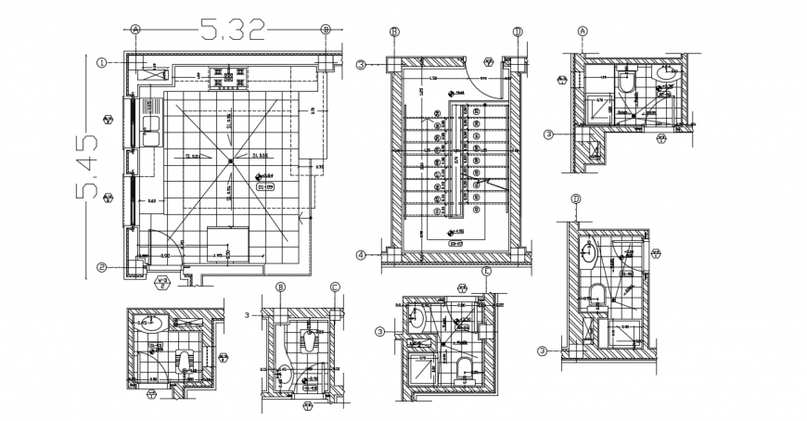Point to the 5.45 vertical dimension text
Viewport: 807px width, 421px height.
pyautogui.click(x=88, y=166)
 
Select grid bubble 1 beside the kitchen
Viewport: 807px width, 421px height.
pyautogui.click(x=101, y=63)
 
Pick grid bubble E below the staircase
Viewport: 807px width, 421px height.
pyautogui.click(x=487, y=271)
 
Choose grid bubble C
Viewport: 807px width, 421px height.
pyautogui.click(x=336, y=287)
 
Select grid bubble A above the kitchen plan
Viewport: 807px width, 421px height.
pyautogui.click(x=136, y=30)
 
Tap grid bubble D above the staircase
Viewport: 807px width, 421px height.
pyautogui.click(x=518, y=32)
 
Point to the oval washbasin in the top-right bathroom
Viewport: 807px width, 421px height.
pyautogui.click(x=666, y=72)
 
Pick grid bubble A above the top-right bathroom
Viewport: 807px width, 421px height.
pyautogui.click(x=583, y=30)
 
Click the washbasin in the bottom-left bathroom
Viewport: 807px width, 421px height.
pyautogui.click(x=152, y=324)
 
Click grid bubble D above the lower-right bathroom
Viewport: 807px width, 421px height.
pyautogui.click(x=576, y=199)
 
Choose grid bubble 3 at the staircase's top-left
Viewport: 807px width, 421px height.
pyautogui.click(x=361, y=64)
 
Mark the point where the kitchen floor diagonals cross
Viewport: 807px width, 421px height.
pyautogui.click(x=229, y=162)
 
